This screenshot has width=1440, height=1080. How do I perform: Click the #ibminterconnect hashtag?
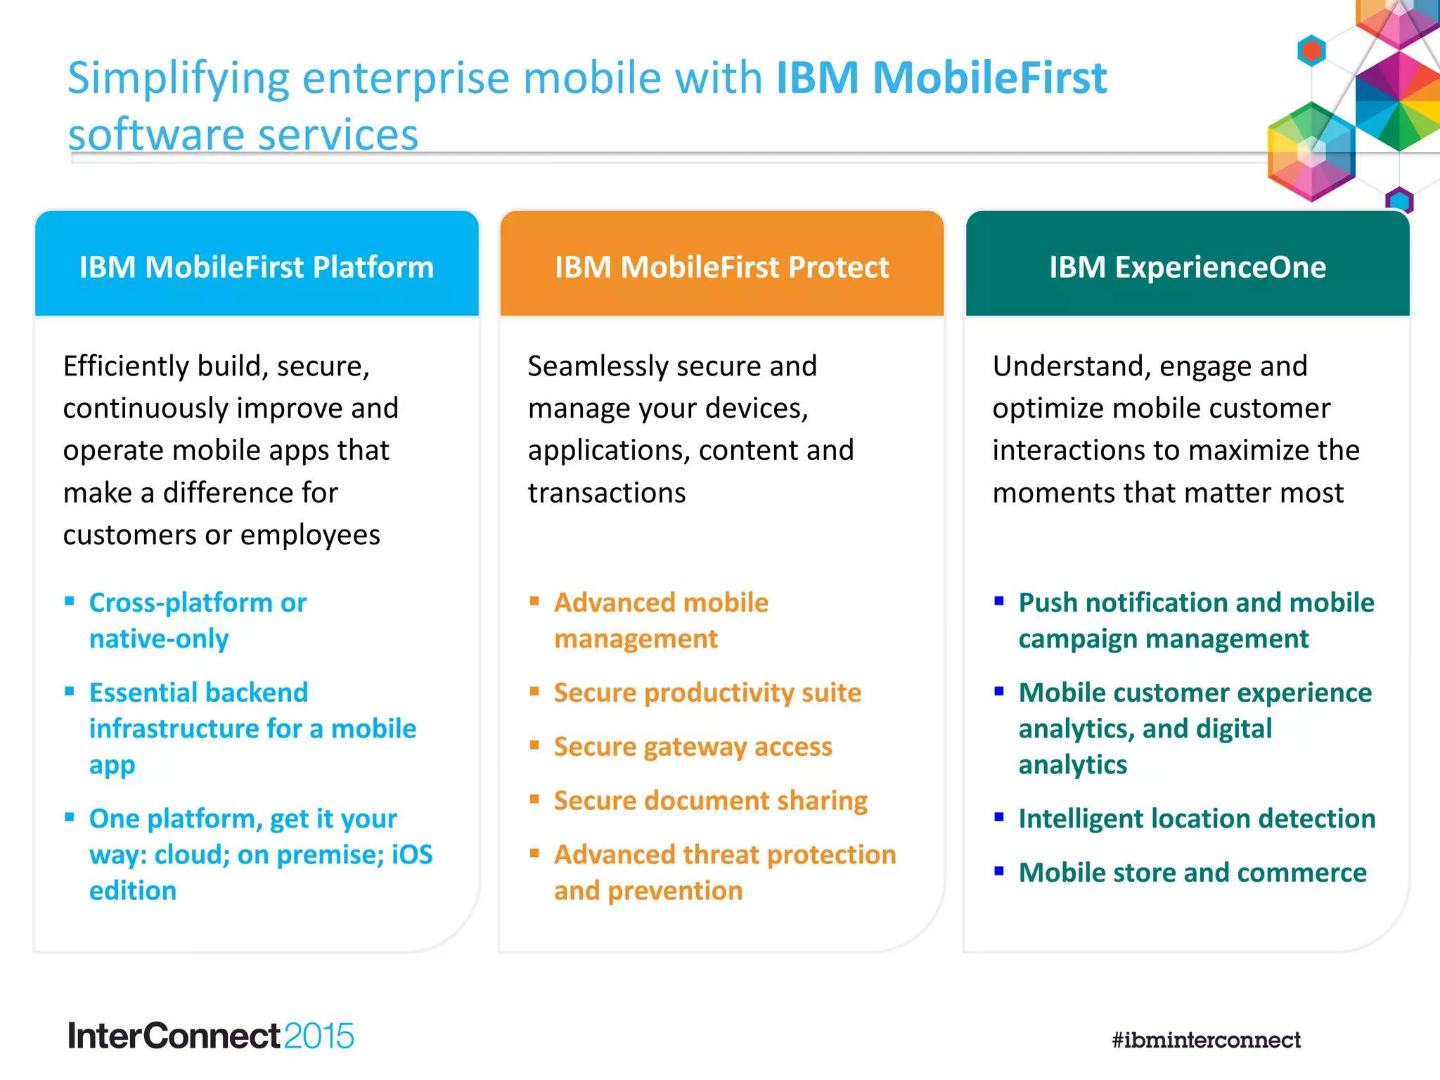(1206, 1039)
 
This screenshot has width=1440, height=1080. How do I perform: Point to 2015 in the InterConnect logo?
(319, 1036)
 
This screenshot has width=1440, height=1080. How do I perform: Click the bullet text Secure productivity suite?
(707, 693)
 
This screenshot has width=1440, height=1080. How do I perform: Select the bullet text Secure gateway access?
(693, 747)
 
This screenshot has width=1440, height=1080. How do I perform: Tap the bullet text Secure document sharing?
(710, 801)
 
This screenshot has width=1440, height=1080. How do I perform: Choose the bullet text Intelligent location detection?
(1197, 818)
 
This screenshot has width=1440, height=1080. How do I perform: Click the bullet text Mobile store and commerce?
(1192, 873)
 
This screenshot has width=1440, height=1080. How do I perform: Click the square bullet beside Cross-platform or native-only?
(70, 600)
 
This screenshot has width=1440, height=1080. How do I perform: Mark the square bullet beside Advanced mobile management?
(534, 600)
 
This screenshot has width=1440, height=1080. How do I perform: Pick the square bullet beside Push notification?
(999, 600)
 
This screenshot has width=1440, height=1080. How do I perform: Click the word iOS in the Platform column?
(412, 854)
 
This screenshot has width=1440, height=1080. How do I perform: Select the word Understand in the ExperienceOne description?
(1068, 366)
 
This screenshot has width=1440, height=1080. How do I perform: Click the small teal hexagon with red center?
(1311, 51)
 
